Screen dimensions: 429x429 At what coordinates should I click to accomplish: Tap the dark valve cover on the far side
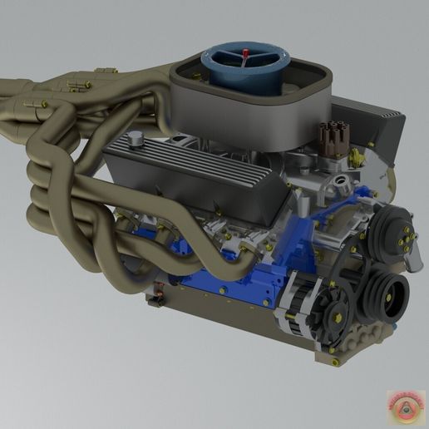tap(374, 125)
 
